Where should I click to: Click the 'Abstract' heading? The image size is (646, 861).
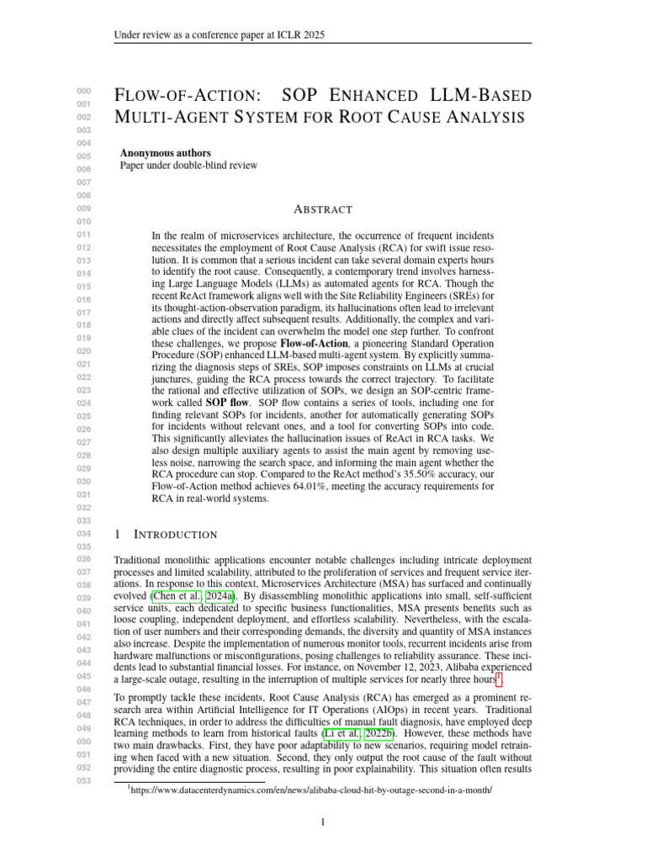323,209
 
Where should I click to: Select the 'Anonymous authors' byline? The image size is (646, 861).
166,153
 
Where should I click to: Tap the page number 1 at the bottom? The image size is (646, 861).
323,822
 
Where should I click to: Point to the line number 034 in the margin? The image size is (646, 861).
83,535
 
